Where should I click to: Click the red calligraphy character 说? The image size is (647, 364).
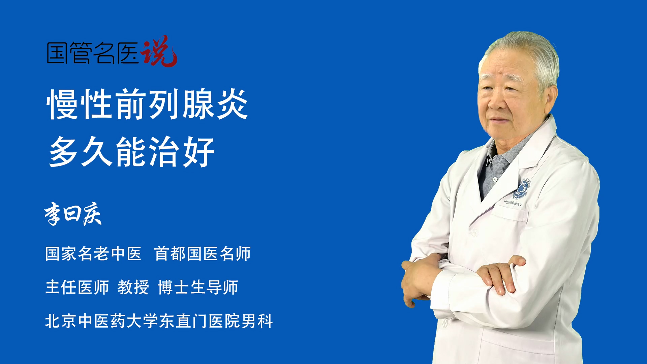pos(158,51)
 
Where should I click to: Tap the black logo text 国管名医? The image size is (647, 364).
pos(93,53)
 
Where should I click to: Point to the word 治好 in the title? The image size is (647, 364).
pos(182,152)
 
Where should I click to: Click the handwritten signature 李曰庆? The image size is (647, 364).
pos(73,214)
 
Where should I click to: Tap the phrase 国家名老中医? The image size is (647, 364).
pos(93,253)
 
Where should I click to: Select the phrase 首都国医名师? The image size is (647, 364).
pos(202,253)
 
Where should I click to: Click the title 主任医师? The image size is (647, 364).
pos(77,287)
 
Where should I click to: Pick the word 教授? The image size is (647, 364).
pos(133,287)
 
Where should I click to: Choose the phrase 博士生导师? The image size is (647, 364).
pos(198,287)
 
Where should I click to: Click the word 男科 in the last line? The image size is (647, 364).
pos(257,321)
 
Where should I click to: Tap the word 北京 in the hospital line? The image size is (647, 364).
pos(61,321)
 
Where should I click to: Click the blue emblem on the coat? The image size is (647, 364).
pos(521,189)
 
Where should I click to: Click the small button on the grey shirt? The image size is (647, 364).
pos(495,179)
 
